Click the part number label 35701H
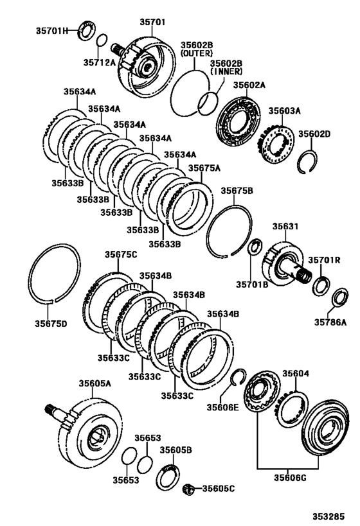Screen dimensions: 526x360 [x=50, y=30]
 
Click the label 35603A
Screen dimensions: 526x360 [x=284, y=110]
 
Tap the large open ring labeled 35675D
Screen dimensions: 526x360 [x=54, y=273]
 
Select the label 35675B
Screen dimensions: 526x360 [x=237, y=191]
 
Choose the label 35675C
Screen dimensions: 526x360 [x=121, y=255]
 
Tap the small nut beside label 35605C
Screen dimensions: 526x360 [x=190, y=489]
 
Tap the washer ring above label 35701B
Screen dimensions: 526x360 [x=254, y=246]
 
